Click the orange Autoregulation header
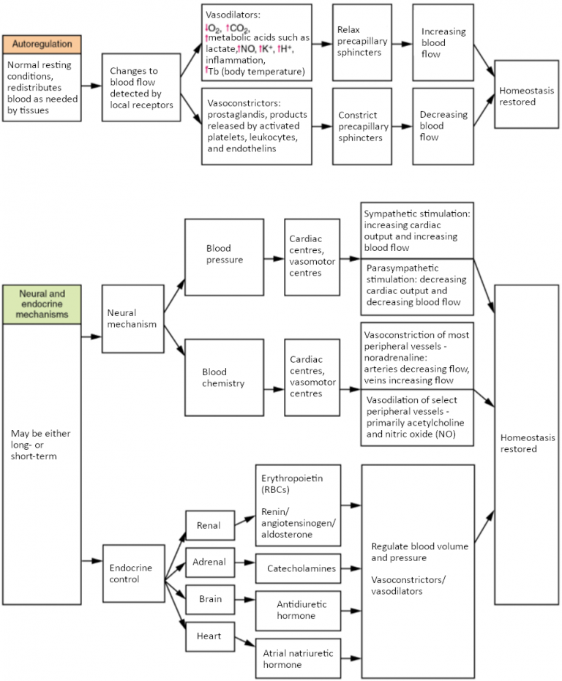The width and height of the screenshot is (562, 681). tap(42, 44)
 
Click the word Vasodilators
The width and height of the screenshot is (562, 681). tap(233, 14)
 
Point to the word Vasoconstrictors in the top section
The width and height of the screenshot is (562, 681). tap(245, 103)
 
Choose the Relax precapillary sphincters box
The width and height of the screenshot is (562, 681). tap(361, 42)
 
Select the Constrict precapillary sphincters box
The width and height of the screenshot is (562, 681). tap(361, 126)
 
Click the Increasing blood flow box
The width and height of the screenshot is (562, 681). tap(442, 42)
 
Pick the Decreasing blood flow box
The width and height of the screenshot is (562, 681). tap(442, 126)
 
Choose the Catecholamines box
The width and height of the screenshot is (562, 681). tap(301, 568)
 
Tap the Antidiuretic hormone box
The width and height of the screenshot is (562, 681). tap(297, 610)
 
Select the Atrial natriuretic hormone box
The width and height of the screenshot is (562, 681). tap(297, 658)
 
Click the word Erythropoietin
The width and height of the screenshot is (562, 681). tap(291, 477)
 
